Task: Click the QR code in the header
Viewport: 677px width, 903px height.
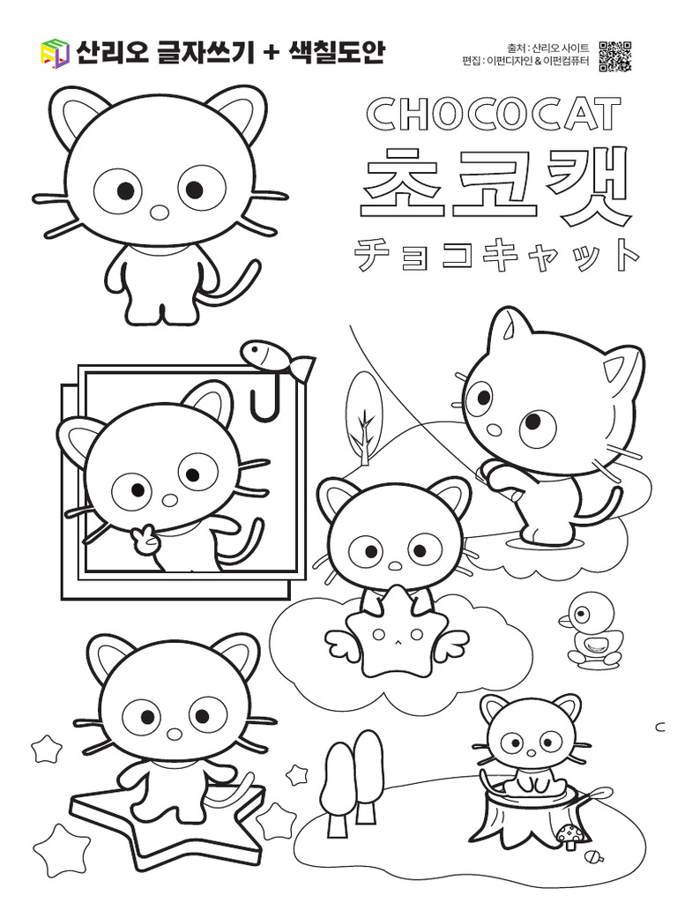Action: tap(614, 56)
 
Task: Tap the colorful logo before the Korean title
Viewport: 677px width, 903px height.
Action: tap(55, 53)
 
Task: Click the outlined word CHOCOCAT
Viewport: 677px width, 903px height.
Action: tap(494, 113)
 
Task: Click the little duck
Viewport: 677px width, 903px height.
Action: tap(590, 631)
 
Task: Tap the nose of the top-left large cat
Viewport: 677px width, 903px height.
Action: tap(160, 213)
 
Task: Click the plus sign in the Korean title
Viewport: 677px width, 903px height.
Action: tap(268, 54)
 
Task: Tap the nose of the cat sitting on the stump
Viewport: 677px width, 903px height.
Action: tap(531, 754)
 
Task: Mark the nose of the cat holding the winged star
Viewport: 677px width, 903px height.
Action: tap(396, 565)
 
